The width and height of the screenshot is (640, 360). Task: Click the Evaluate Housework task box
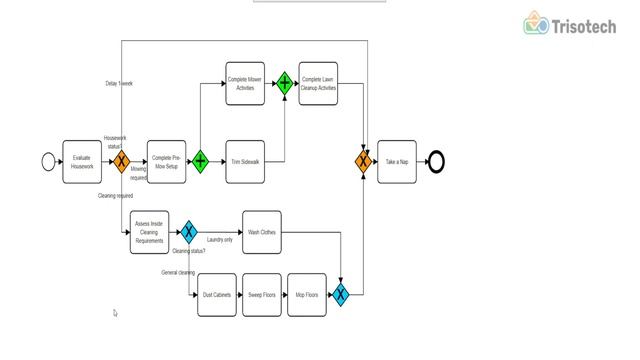click(82, 161)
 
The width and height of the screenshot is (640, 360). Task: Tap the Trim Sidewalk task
click(245, 161)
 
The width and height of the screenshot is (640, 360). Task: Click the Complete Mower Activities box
click(245, 83)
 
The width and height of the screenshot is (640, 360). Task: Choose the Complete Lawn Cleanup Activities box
click(319, 83)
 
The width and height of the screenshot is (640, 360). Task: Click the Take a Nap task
click(397, 161)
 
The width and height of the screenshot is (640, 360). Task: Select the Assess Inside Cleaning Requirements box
click(149, 232)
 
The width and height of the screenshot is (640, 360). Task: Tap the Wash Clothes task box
click(262, 232)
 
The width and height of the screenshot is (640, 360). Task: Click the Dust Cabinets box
click(217, 295)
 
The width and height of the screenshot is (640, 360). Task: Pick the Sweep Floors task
click(262, 295)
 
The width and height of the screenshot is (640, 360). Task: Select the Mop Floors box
click(307, 295)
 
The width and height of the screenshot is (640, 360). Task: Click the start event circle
click(48, 161)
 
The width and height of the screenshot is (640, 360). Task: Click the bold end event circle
click(435, 161)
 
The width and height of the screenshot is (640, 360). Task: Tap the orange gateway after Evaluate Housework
click(120, 161)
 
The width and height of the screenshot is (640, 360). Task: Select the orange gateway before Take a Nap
click(363, 161)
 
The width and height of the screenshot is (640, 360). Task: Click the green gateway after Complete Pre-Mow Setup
click(200, 161)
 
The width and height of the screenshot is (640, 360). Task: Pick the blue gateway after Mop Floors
click(341, 295)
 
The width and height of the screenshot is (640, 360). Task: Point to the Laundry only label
click(220, 240)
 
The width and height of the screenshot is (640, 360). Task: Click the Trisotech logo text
click(584, 26)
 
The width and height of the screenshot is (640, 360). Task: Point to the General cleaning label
click(178, 272)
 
